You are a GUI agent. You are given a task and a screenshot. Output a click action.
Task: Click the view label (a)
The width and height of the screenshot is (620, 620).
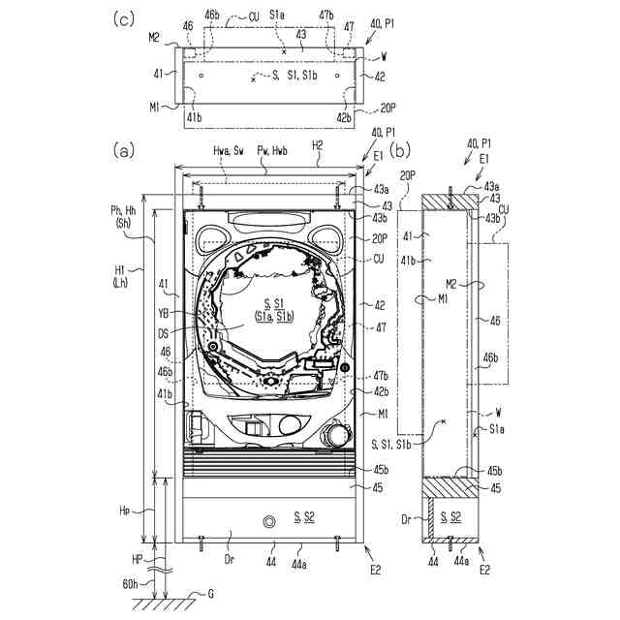123,149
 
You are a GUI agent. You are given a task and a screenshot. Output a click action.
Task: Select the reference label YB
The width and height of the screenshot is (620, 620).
164,312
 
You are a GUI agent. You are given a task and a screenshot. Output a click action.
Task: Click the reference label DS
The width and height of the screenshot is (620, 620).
164,329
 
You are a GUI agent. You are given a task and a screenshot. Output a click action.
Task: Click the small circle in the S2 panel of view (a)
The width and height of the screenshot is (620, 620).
266,521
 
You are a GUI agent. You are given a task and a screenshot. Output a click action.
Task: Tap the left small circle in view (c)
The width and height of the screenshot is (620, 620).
201,74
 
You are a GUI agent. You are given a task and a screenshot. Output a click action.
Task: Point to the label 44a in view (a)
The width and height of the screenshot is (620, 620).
300,562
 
